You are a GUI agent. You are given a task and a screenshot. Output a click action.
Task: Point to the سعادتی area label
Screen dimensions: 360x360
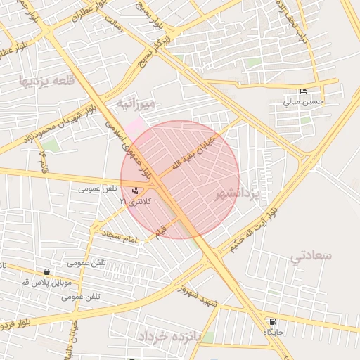point(310,255)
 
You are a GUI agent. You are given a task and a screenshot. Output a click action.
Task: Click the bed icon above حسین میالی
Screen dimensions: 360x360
point(304,91)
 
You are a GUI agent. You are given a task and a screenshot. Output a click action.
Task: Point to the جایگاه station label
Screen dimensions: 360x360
point(273,331)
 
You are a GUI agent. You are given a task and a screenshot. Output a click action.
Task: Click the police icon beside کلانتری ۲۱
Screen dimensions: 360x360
point(136,191)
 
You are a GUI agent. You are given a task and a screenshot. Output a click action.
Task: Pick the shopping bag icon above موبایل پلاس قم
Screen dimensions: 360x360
point(46,272)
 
